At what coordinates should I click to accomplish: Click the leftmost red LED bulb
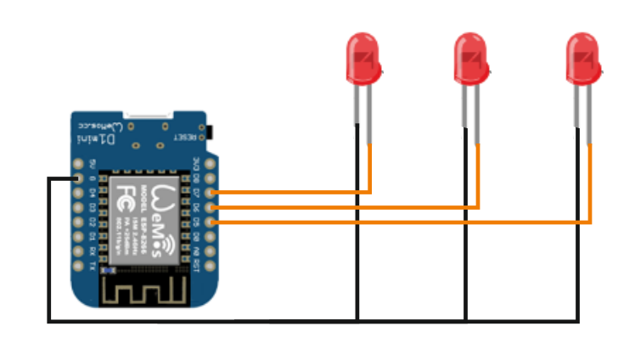point(363,58)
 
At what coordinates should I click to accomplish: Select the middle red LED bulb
point(470,58)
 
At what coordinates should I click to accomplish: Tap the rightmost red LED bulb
point(583,58)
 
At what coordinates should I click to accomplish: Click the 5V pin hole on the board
point(78,164)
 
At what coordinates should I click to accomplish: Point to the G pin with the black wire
point(78,179)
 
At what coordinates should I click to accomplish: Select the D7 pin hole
point(211,193)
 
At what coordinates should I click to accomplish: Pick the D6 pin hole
point(211,207)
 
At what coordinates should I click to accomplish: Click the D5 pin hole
point(211,222)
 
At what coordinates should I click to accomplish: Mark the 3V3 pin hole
point(211,164)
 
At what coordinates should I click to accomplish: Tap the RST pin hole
point(211,264)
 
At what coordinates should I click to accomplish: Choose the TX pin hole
point(78,264)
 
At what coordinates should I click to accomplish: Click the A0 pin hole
point(211,250)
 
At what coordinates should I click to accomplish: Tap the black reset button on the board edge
point(208,133)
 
